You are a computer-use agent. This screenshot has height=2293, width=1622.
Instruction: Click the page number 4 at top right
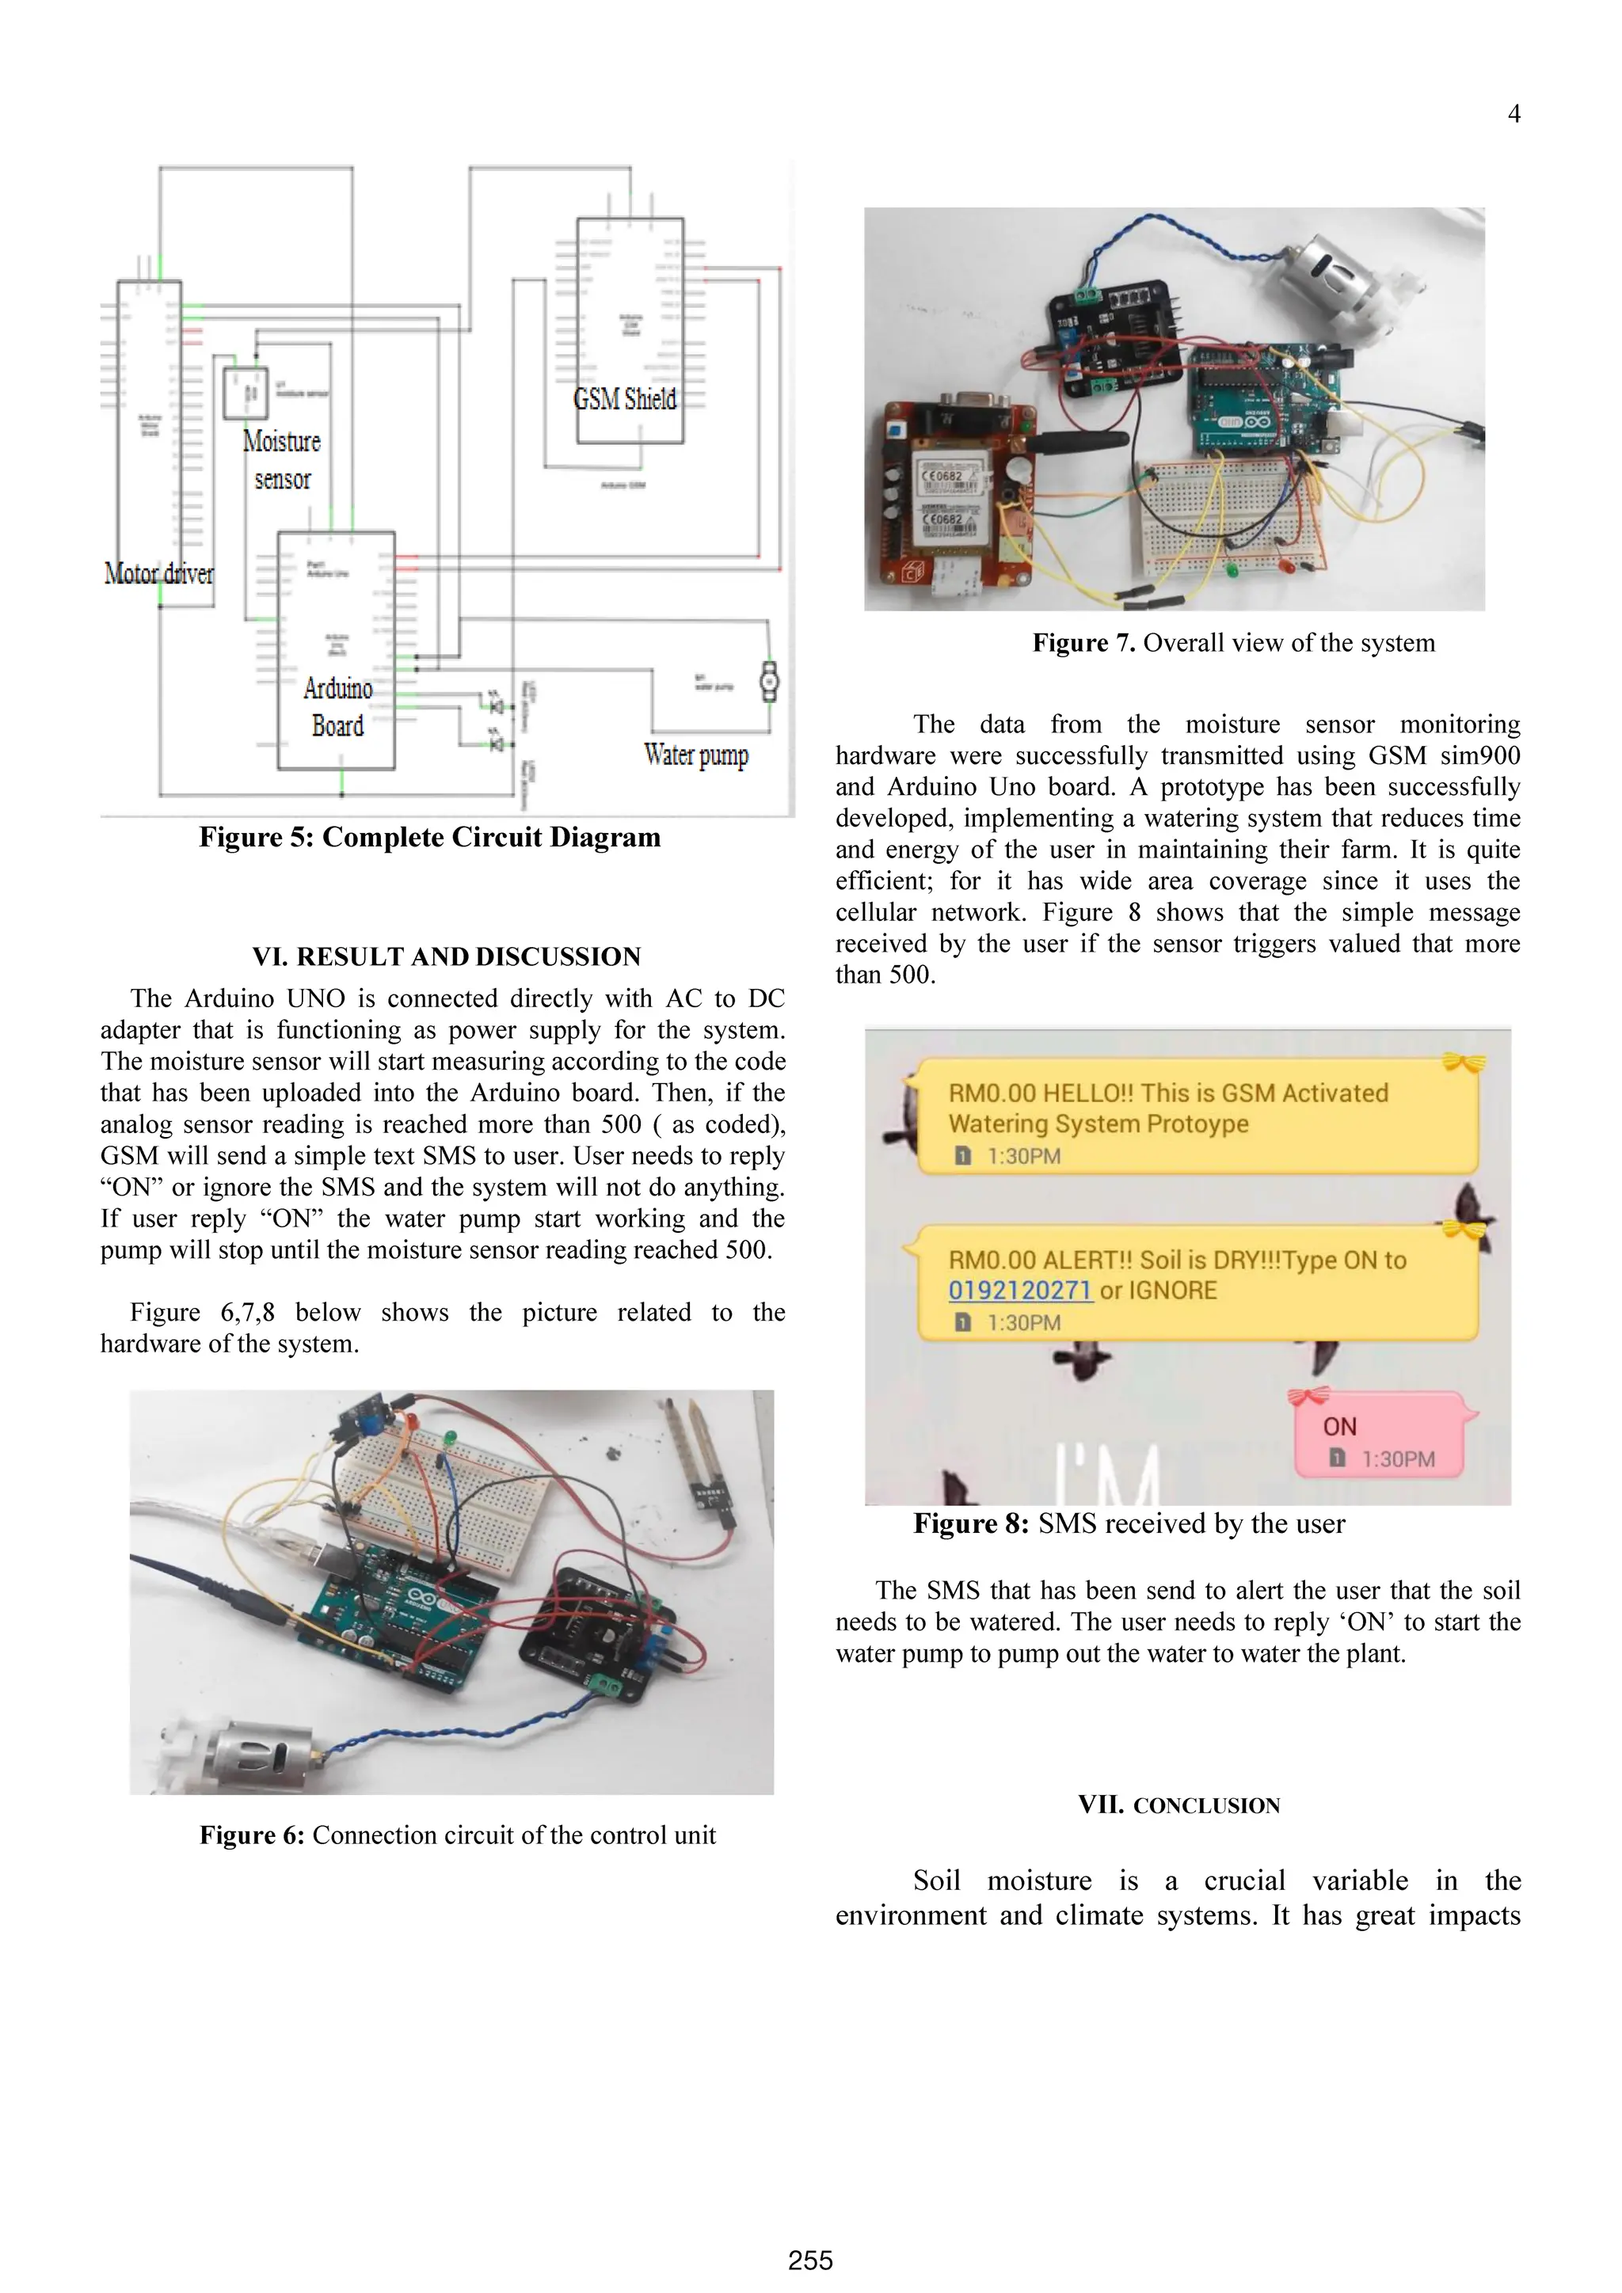tap(1513, 114)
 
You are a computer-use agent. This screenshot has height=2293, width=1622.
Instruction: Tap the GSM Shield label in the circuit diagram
tap(625, 400)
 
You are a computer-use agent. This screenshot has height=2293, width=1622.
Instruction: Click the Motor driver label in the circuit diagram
tap(159, 573)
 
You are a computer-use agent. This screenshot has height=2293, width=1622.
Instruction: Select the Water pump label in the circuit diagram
tap(696, 755)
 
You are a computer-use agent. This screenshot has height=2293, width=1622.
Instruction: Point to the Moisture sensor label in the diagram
tap(282, 459)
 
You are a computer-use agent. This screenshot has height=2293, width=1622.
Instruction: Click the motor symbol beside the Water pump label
tap(768, 681)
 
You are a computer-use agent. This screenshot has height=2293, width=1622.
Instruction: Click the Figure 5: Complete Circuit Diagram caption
tap(429, 837)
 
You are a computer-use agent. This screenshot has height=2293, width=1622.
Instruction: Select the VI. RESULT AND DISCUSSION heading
tap(447, 956)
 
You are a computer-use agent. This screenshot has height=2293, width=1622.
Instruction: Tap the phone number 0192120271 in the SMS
tap(1020, 1291)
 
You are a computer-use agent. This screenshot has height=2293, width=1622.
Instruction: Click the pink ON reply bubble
tap(1378, 1436)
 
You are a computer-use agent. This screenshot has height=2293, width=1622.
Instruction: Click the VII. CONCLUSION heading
tap(1178, 1804)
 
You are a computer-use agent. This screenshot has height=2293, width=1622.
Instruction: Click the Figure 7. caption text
tap(1233, 643)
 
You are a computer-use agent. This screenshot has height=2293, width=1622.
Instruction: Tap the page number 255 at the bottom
tap(810, 2260)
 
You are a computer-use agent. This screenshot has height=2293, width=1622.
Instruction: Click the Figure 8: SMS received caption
tap(1129, 1524)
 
